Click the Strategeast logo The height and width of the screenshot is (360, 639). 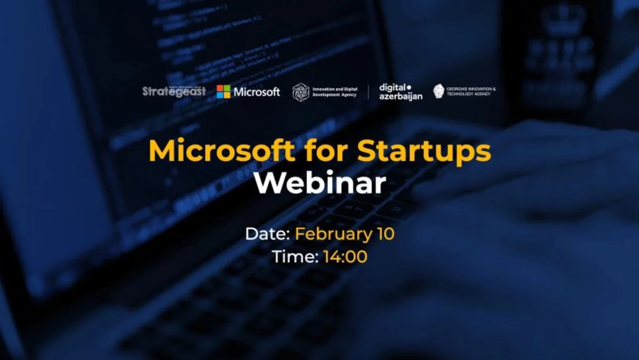click(174, 92)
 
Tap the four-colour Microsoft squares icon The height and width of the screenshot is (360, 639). click(224, 92)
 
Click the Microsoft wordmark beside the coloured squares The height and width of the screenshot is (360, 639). click(257, 92)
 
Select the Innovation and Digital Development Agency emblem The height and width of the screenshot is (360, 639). click(301, 92)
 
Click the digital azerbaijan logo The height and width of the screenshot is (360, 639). click(400, 92)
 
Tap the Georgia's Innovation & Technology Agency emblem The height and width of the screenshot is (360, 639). click(439, 91)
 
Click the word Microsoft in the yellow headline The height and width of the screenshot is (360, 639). click(220, 152)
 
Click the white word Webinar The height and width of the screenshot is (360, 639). click(319, 184)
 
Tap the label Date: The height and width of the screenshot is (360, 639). click(268, 234)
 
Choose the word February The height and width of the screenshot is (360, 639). click(333, 235)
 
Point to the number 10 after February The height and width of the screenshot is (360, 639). click(384, 234)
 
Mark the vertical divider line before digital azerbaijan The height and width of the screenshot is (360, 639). click(368, 92)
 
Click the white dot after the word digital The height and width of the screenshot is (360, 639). click(409, 87)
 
